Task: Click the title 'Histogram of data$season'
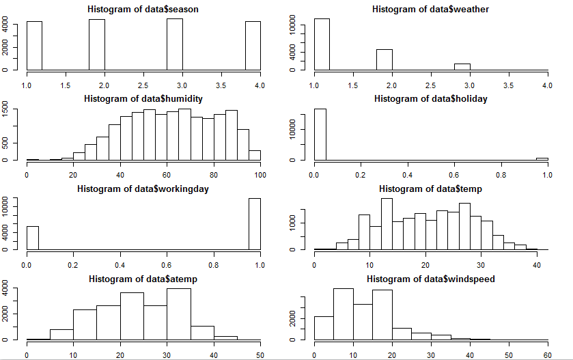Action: click(143, 9)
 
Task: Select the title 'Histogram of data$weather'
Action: click(431, 9)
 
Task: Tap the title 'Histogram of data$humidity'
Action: click(143, 98)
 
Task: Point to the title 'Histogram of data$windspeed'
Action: click(431, 279)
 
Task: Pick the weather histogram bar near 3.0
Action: click(462, 67)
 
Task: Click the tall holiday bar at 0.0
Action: click(320, 134)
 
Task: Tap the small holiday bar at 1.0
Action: click(542, 159)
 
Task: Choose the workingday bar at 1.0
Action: click(254, 224)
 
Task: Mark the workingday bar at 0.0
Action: click(32, 238)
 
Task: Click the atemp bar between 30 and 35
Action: click(178, 314)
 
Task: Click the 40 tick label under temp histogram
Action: click(537, 264)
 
